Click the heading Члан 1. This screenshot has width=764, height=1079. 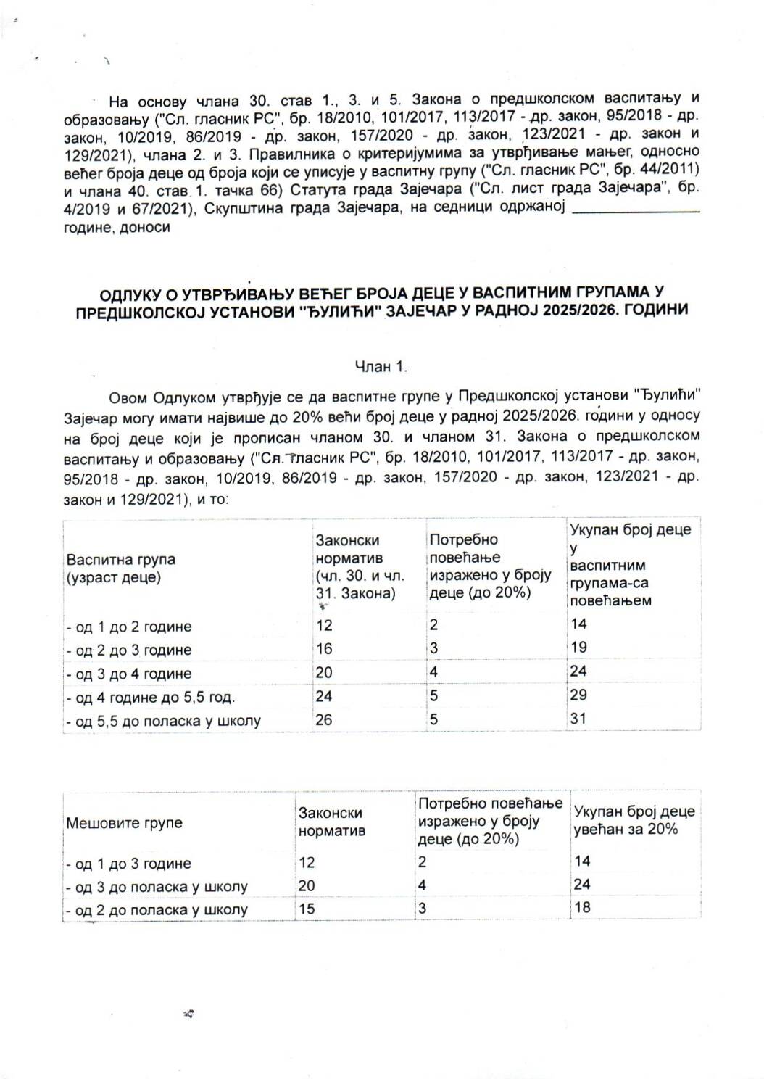click(x=381, y=367)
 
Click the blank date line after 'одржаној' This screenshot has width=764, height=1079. click(x=636, y=210)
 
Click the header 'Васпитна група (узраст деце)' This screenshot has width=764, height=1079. click(x=120, y=568)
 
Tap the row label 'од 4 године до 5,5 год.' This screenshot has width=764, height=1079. click(x=151, y=698)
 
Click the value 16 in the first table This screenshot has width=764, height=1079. click(x=324, y=649)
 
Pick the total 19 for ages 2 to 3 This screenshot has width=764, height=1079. click(x=578, y=648)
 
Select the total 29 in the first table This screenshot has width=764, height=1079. click(x=578, y=695)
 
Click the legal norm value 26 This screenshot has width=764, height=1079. click(x=324, y=720)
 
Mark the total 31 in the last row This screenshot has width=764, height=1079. click(x=578, y=719)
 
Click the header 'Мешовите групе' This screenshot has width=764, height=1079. click(x=124, y=823)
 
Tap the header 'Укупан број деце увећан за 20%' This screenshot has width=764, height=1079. click(x=634, y=820)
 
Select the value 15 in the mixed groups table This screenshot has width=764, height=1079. click(x=307, y=908)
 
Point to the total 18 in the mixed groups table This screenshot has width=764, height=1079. click(x=582, y=907)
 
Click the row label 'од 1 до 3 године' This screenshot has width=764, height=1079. click(x=129, y=864)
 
